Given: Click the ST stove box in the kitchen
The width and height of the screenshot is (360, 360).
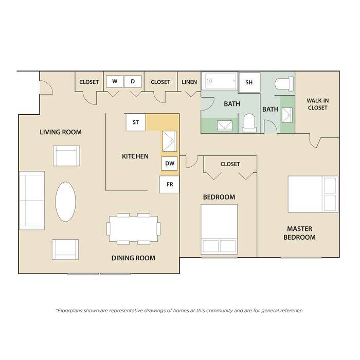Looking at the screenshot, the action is [136, 122].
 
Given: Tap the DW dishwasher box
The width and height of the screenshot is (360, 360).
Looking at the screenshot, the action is [169, 164].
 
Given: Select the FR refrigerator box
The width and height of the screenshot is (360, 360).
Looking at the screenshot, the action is [169, 184].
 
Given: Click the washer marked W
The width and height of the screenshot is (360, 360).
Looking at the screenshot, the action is [115, 81].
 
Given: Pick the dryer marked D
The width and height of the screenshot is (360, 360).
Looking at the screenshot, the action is [133, 81].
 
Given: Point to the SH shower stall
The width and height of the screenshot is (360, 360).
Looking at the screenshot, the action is [249, 82].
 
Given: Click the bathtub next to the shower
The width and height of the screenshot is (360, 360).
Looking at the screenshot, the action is [221, 81].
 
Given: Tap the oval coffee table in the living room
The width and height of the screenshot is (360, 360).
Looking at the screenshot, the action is [65, 202].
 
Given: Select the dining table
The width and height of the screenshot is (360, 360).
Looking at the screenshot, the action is [133, 229].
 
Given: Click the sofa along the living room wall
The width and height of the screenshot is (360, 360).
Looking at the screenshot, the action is [32, 201].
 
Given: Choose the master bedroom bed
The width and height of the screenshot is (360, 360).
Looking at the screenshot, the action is [313, 194].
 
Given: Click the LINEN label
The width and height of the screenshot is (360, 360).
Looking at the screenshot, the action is [189, 82].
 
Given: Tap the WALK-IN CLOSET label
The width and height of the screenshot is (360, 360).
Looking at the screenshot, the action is [317, 104].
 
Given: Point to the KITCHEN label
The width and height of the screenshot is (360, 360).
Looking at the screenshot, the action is [135, 156].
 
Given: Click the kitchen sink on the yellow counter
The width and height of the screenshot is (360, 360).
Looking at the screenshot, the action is [170, 141].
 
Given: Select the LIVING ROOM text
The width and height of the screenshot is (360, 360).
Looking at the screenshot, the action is [61, 132].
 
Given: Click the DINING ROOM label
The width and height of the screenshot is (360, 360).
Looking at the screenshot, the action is [133, 258].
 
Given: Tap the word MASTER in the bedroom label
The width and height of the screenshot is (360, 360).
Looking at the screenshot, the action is [300, 229].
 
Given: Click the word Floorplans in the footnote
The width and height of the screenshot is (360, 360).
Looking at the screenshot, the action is [69, 311].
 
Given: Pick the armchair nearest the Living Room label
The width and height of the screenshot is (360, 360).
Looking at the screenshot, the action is [66, 156].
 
